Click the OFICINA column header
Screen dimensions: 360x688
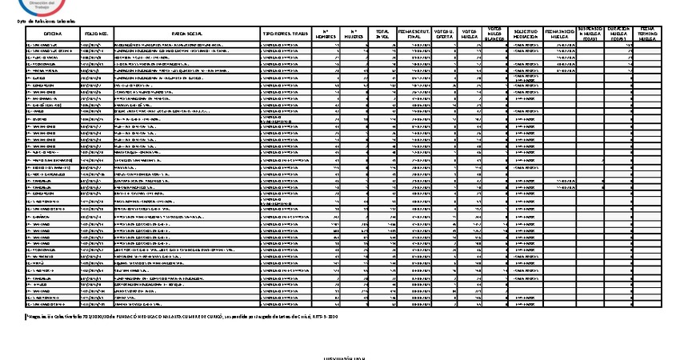[53, 34]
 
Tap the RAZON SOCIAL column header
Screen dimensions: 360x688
[186, 34]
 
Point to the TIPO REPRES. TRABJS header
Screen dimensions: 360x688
[284, 34]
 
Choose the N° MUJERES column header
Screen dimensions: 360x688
[354, 34]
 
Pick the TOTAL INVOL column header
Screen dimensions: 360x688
[382, 34]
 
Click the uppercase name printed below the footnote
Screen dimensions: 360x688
[343, 357]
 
